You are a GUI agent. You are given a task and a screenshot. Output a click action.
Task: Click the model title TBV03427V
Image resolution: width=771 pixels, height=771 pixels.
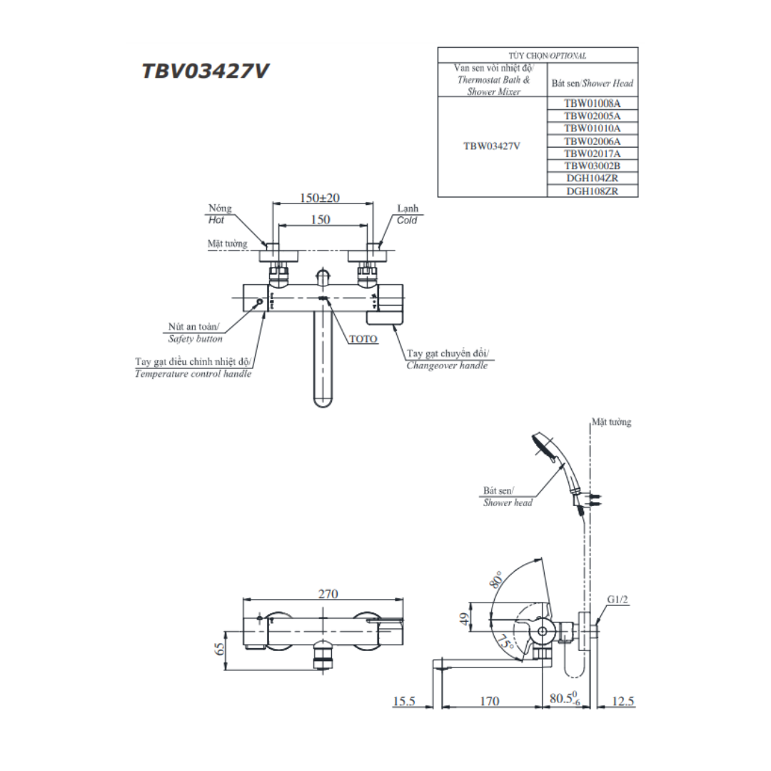click(205, 71)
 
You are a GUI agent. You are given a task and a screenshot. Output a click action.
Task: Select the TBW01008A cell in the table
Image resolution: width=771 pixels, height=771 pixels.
click(592, 104)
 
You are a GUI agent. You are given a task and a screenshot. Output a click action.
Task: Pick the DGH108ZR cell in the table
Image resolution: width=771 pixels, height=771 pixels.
click(592, 191)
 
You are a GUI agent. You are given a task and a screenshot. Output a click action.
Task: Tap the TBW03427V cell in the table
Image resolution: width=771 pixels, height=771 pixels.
click(492, 146)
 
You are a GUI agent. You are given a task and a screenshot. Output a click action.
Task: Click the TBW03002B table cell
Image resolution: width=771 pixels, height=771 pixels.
click(592, 166)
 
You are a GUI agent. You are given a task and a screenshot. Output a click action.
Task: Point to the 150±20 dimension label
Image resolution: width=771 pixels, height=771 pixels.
click(320, 198)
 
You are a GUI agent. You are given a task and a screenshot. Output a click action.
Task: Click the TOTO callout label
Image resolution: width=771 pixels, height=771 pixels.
click(363, 339)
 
